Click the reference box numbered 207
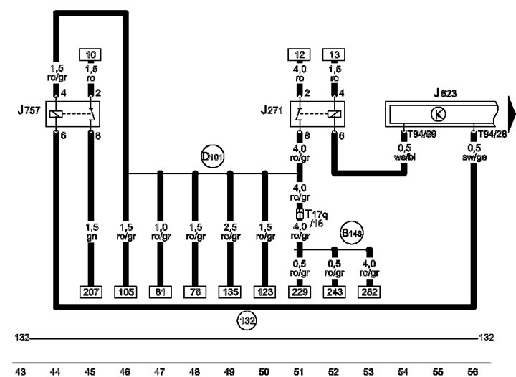click(x=91, y=292)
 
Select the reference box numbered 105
click(x=125, y=292)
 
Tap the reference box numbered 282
click(x=369, y=292)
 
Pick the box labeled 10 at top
click(x=90, y=54)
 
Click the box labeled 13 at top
click(x=334, y=54)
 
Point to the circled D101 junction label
click(x=213, y=156)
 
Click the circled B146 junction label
click(x=352, y=233)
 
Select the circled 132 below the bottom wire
click(x=247, y=320)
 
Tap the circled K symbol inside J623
click(x=438, y=114)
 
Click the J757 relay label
click(x=29, y=110)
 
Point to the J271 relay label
click(x=272, y=110)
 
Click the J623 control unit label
click(x=445, y=93)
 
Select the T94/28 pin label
click(x=492, y=134)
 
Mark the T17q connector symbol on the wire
click(x=300, y=214)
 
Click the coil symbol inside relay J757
click(x=56, y=114)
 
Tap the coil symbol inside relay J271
click(x=334, y=114)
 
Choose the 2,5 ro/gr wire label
click(x=230, y=232)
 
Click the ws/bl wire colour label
click(x=404, y=157)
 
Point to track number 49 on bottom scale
click(x=229, y=372)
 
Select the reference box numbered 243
click(x=335, y=292)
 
